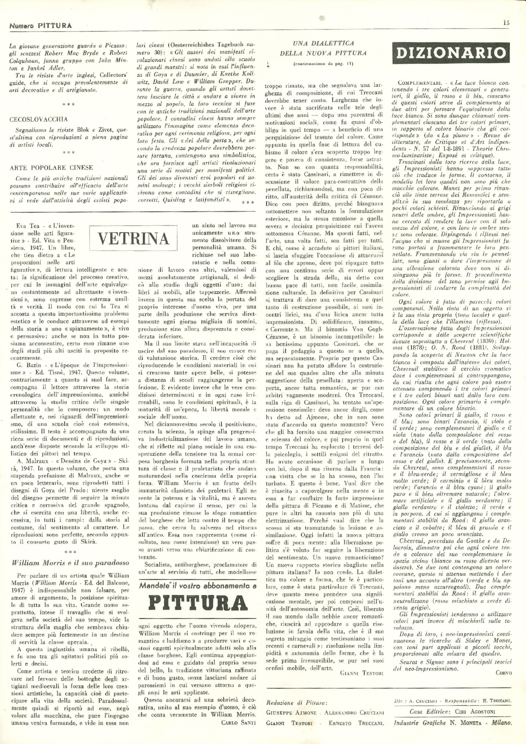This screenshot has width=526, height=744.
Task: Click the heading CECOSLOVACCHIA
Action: [39, 119]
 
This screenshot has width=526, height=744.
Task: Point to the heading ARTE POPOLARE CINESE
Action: [51, 168]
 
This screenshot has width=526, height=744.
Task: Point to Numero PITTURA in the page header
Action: [40, 26]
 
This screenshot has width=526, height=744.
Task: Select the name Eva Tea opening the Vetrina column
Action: [25, 226]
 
